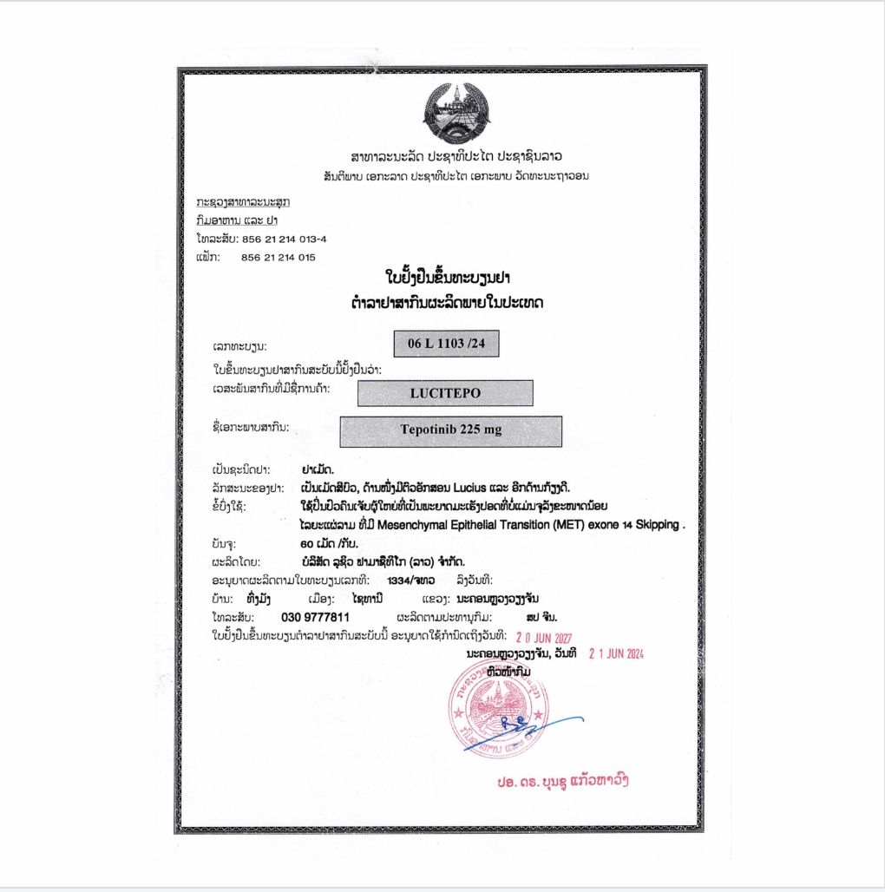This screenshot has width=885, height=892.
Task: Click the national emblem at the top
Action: coord(455,115)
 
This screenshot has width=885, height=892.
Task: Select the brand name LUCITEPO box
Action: coord(445,393)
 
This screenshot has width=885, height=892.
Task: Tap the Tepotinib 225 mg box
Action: coord(450,430)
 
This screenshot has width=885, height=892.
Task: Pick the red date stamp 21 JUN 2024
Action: coord(616,653)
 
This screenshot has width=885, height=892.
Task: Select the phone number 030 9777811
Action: coord(316,617)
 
